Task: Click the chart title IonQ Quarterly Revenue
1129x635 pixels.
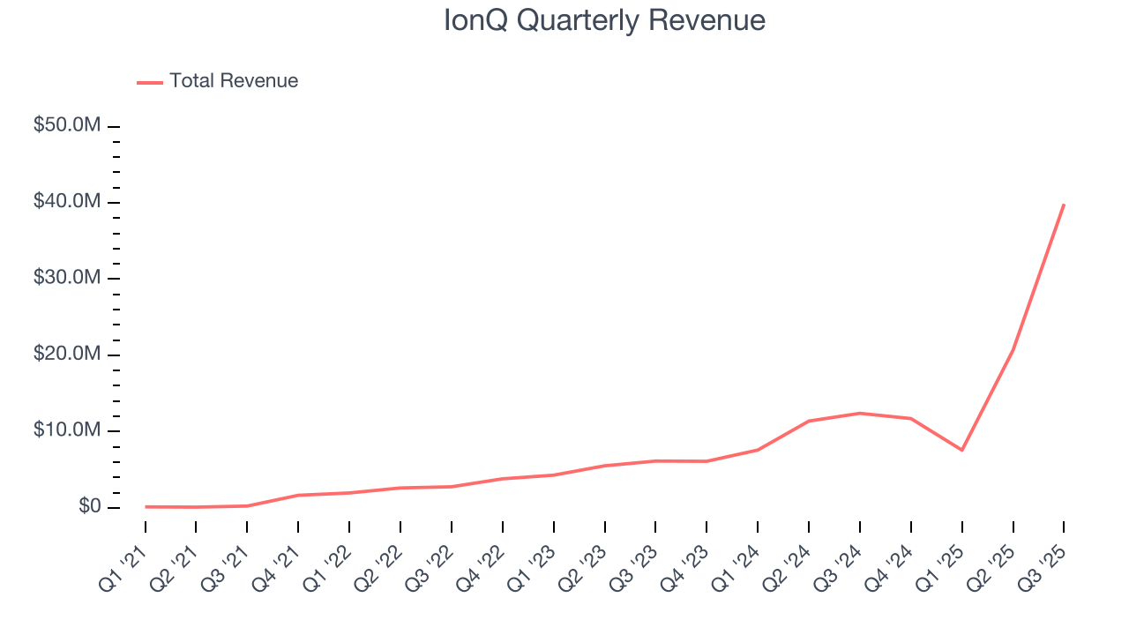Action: (604, 20)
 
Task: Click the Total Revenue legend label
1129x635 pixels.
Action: (234, 81)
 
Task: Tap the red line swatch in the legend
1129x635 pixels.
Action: (150, 82)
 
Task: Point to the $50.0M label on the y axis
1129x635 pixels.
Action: (66, 126)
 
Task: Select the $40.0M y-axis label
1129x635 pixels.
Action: (66, 202)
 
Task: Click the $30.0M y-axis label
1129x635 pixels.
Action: (66, 278)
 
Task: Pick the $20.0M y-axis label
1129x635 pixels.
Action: (66, 355)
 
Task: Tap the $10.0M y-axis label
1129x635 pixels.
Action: (66, 430)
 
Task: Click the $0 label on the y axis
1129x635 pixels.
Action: (89, 507)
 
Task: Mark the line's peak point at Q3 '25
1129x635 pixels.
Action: (1064, 205)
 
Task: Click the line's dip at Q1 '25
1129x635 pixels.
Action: (961, 450)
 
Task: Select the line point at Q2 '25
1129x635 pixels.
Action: (1013, 350)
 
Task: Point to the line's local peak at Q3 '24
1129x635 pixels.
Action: (860, 413)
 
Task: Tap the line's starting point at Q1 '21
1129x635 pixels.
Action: (146, 506)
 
